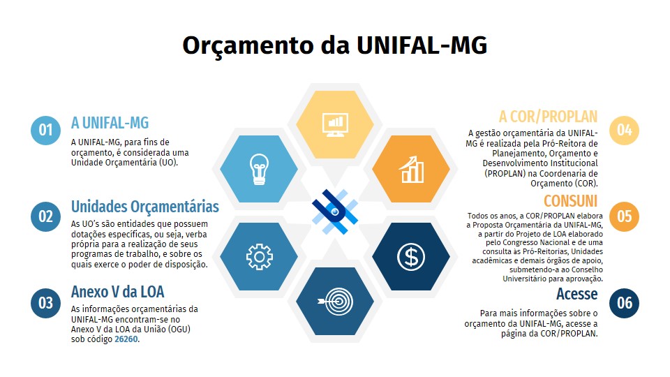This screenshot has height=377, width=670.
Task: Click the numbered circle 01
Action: click(46, 130)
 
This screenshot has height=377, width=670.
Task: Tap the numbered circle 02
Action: click(46, 216)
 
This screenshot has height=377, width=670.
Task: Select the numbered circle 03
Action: click(46, 303)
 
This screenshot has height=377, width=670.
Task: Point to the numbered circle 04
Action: click(624, 130)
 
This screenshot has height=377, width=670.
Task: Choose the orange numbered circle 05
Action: click(624, 216)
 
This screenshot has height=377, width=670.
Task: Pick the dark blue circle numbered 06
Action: click(624, 303)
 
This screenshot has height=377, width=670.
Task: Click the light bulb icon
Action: click(259, 169)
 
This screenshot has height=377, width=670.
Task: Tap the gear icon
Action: click(260, 256)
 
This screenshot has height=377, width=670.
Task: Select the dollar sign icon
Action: click(410, 256)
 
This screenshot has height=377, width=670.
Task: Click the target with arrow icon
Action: click(336, 302)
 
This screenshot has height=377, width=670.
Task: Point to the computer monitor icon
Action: click(335, 125)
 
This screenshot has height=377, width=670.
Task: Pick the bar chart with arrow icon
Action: click(411, 169)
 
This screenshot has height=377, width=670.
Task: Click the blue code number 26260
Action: click(126, 339)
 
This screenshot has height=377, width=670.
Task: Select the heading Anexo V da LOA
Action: click(117, 292)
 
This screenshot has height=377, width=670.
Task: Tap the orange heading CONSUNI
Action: click(570, 201)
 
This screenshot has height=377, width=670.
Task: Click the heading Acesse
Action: click(577, 294)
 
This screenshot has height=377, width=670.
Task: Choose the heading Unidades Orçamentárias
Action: click(145, 207)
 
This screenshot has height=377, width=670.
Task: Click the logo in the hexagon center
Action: click(335, 212)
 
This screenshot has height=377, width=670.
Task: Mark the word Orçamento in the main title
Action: click(248, 46)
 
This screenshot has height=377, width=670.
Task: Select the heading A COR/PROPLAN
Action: click(549, 117)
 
